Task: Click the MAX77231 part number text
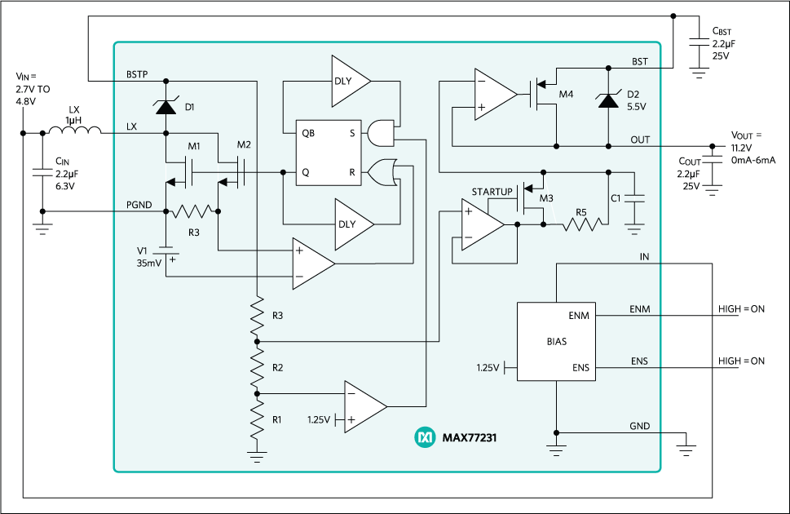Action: point(469,438)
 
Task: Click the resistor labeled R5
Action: point(580,224)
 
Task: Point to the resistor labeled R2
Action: point(257,367)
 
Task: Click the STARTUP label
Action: point(492,192)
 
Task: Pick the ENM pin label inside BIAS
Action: point(578,315)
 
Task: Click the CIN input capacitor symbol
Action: point(42,172)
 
